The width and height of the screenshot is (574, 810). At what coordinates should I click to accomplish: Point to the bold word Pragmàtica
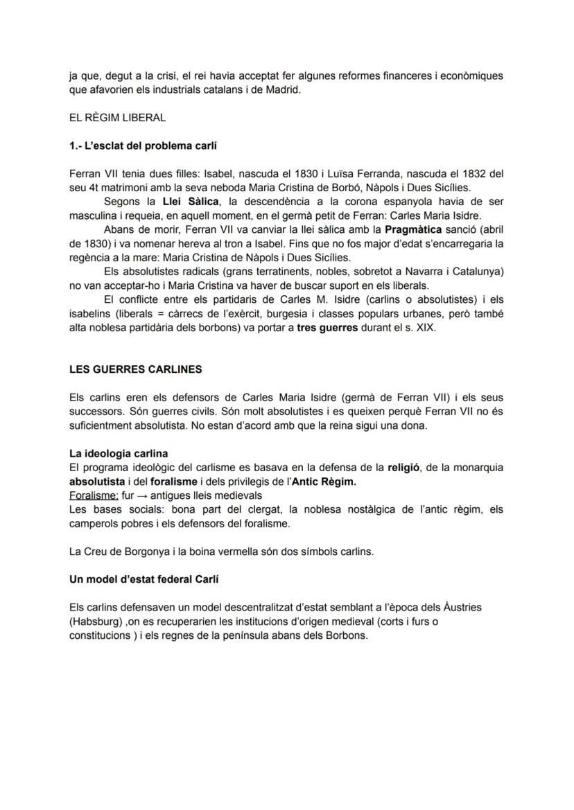pyautogui.click(x=413, y=229)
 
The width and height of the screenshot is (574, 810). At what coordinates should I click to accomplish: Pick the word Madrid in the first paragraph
pyautogui.click(x=282, y=89)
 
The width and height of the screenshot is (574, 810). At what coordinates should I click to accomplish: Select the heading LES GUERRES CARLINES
pyautogui.click(x=136, y=369)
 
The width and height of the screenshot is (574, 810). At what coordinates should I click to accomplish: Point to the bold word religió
pyautogui.click(x=404, y=468)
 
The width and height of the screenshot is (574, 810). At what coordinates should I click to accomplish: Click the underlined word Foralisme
pyautogui.click(x=94, y=495)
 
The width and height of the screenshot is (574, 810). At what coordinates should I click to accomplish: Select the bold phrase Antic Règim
pyautogui.click(x=322, y=482)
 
